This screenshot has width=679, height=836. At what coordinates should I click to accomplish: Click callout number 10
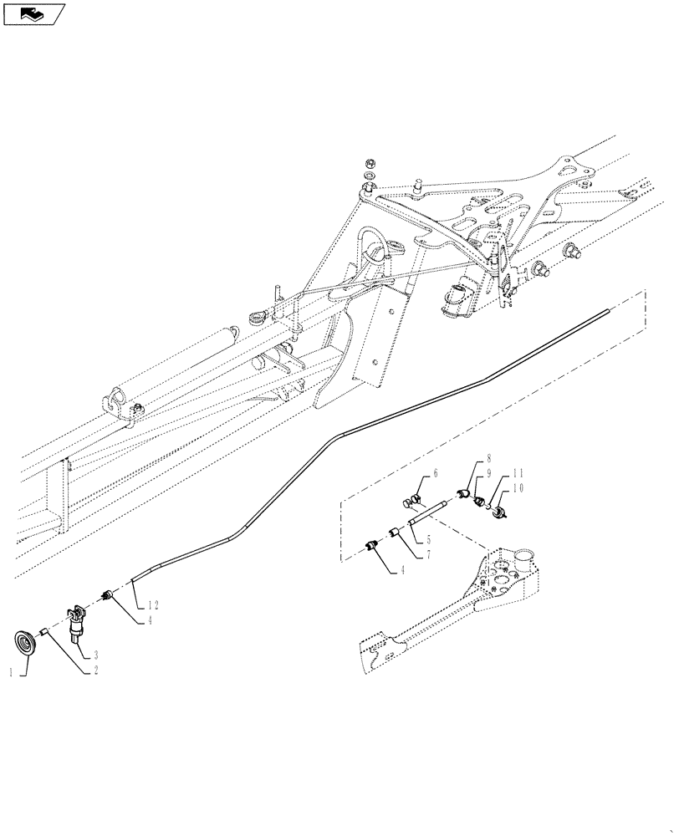pyautogui.click(x=518, y=487)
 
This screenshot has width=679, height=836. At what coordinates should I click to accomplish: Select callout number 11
pyautogui.click(x=518, y=472)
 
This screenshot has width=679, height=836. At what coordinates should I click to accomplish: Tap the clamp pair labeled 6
pyautogui.click(x=411, y=502)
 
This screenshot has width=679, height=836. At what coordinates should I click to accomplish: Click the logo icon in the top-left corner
pyautogui.click(x=34, y=13)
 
